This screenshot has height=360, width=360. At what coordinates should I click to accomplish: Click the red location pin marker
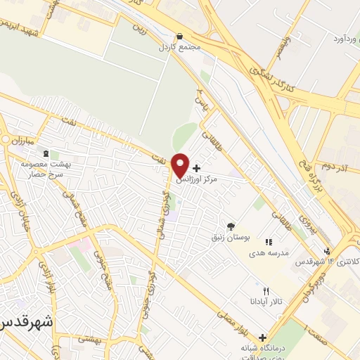[x=180, y=164]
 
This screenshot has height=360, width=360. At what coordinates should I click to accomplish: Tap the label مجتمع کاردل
[x=180, y=46]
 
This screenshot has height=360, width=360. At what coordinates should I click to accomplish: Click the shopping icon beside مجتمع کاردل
[x=180, y=36]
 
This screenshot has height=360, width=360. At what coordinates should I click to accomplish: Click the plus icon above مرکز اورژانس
[x=195, y=168]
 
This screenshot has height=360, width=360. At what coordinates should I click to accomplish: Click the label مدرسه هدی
[x=269, y=252]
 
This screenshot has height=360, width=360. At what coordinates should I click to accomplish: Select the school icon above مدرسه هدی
[x=269, y=241]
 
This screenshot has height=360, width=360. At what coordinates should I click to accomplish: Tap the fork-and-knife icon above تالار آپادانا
[x=265, y=290]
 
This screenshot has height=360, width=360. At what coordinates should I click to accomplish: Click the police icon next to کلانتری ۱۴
[x=326, y=251]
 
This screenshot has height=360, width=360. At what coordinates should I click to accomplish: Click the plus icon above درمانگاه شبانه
[x=263, y=337]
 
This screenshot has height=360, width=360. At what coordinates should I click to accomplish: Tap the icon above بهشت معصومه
[x=46, y=153]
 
